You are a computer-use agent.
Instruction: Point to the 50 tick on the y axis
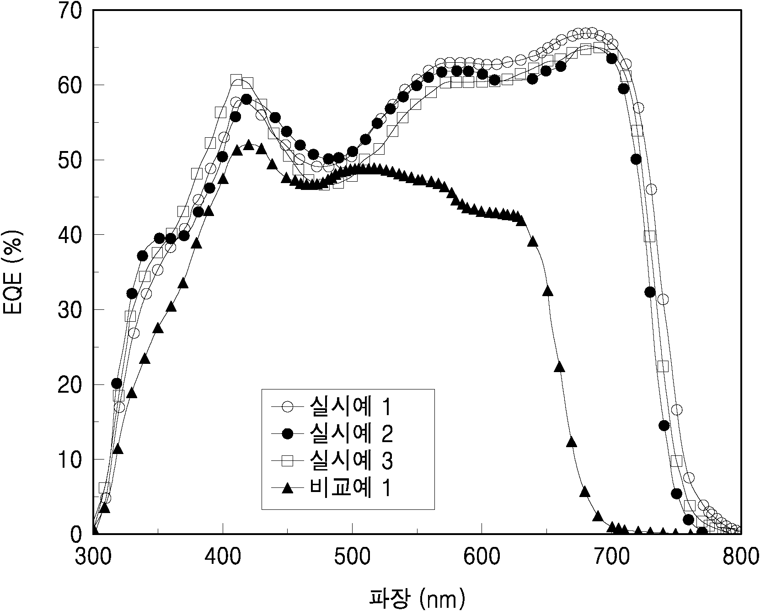pos(71,160)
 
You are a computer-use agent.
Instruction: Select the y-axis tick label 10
pos(71,460)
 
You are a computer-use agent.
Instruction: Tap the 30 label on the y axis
pos(71,310)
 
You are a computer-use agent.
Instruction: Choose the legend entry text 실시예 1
pos(351,406)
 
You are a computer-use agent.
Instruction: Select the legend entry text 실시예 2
pos(351,434)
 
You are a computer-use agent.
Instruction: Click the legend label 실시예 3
pos(351,461)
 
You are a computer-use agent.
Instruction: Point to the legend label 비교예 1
pos(351,488)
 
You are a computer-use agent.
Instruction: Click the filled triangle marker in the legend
pos(287,489)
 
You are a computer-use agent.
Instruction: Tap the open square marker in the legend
pos(287,461)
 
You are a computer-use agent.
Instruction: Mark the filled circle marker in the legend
pos(287,434)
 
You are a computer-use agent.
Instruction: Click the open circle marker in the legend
pos(287,406)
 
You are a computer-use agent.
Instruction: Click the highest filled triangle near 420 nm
pos(249,145)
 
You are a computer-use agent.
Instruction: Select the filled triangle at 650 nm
pos(547,291)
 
